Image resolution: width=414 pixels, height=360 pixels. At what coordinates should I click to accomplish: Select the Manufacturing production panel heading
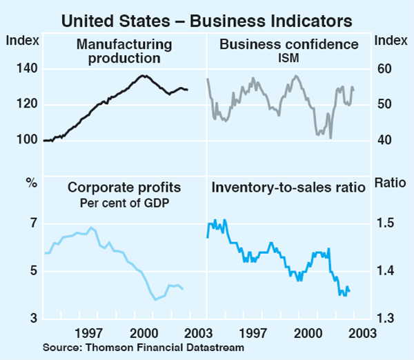pos(124,51)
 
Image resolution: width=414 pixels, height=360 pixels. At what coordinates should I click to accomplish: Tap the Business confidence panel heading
pos(288,45)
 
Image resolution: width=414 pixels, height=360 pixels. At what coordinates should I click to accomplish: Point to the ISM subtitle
pos(288,57)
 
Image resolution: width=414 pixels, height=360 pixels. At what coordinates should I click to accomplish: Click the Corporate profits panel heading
pos(124,187)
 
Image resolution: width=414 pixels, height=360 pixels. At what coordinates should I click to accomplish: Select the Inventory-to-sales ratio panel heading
pos(288,187)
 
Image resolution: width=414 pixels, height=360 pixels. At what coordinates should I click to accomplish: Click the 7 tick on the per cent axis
pos(31,224)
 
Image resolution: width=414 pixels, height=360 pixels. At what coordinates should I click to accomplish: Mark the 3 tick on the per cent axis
pos(31,319)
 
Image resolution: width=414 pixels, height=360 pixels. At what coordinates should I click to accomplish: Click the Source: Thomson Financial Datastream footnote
pos(143,348)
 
